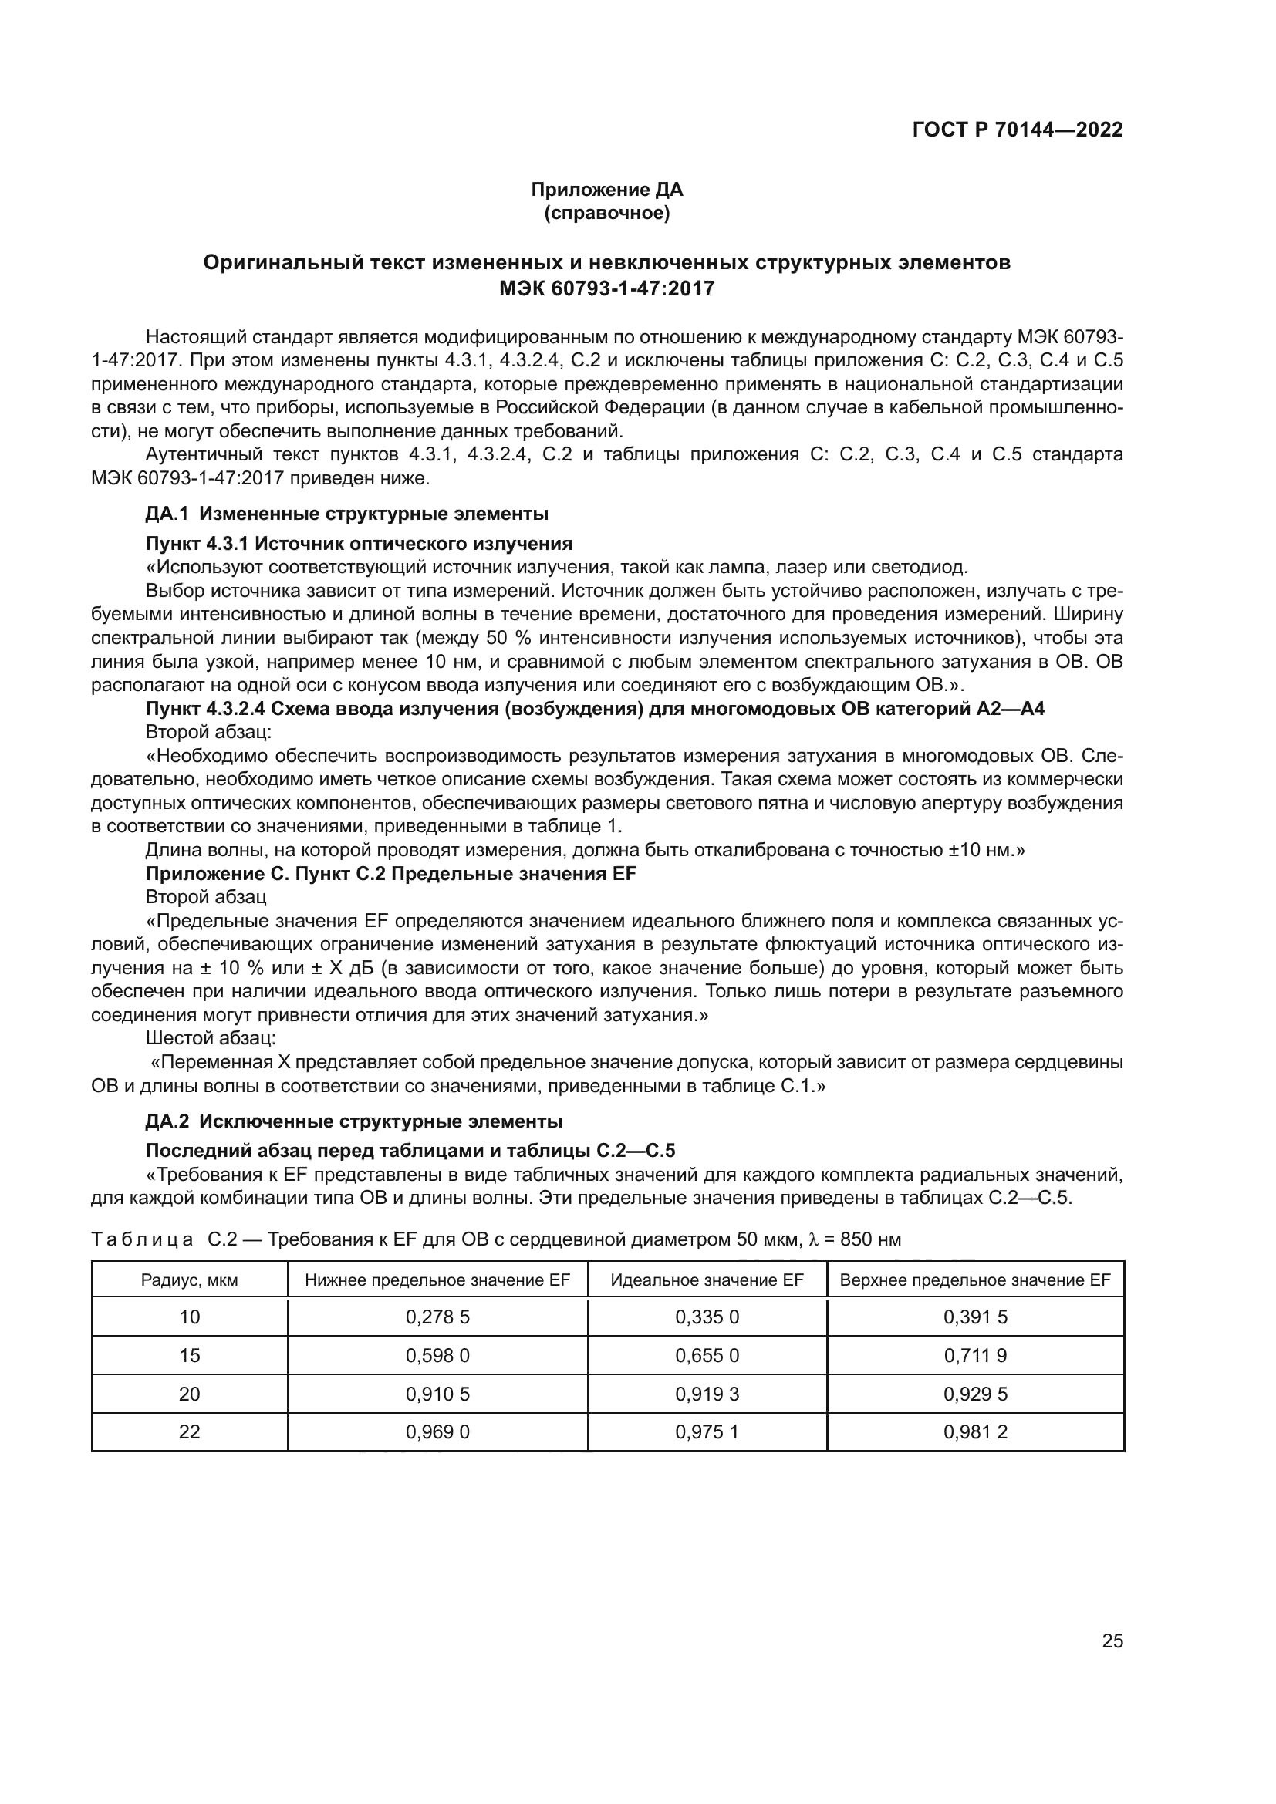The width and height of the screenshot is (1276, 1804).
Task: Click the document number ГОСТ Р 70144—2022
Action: [1017, 130]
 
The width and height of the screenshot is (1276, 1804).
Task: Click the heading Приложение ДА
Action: [606, 190]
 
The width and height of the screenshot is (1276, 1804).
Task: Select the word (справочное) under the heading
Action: [606, 213]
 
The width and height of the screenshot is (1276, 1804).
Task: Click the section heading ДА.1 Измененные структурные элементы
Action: [346, 514]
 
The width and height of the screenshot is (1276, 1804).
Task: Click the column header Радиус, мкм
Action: [189, 1280]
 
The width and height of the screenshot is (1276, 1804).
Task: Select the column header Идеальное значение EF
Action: [707, 1280]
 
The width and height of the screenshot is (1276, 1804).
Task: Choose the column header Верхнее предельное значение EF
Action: [975, 1280]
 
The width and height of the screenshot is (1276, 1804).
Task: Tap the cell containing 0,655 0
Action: [707, 1355]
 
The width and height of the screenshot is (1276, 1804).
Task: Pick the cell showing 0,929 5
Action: [975, 1394]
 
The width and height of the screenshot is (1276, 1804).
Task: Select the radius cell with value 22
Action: [189, 1431]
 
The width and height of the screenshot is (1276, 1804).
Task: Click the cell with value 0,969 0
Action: [437, 1431]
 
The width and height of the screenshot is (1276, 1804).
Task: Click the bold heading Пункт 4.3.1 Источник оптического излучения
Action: [359, 544]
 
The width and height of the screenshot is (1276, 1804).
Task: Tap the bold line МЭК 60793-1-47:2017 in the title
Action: [606, 288]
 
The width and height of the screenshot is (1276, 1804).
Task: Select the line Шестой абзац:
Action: [211, 1039]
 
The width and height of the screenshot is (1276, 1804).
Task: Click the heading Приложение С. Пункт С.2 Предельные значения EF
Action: [390, 874]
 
